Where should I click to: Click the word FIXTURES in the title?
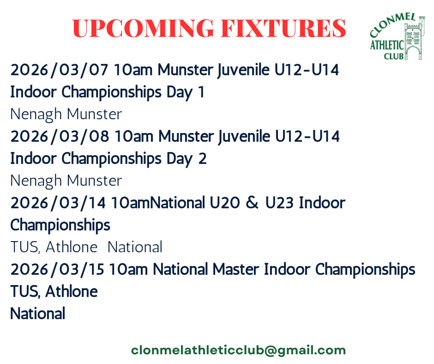(283, 28)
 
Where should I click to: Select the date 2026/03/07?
(59, 70)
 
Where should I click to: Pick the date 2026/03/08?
(60, 136)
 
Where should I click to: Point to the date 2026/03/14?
(58, 203)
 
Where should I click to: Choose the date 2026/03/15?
(57, 269)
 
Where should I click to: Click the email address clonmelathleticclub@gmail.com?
(238, 351)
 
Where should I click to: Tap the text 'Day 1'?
(185, 92)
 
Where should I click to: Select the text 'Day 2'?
(187, 159)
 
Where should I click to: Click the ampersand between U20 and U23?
(252, 203)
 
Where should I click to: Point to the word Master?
(235, 269)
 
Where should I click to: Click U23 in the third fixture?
(279, 203)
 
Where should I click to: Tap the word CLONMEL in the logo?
(392, 24)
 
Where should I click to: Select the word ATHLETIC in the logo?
(387, 45)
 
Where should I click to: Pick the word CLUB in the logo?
(393, 56)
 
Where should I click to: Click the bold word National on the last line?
(38, 314)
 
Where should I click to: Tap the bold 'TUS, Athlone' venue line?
(54, 291)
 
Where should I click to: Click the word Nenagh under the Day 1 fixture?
(36, 115)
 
